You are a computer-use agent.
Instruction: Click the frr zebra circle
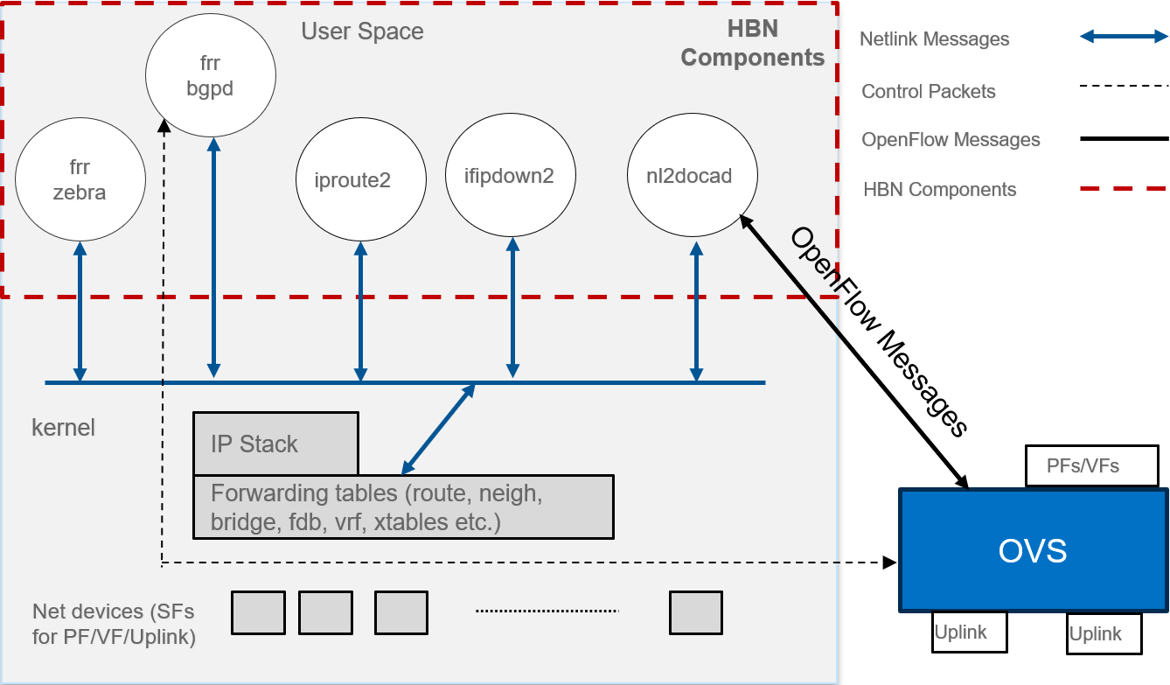[x=80, y=180]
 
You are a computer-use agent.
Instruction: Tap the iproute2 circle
[x=361, y=180]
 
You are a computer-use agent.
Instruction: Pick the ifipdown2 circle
[x=511, y=176]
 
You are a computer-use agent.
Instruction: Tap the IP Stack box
[x=275, y=444]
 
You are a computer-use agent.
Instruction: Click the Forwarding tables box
[x=403, y=507]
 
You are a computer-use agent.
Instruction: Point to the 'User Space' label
[x=362, y=32]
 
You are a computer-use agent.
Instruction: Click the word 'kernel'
[x=63, y=428]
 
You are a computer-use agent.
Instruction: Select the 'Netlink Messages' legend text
[x=934, y=39]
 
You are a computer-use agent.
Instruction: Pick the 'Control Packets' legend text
[x=928, y=92]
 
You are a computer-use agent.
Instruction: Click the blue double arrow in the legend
[x=1124, y=37]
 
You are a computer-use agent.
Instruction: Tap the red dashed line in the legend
[x=1124, y=188]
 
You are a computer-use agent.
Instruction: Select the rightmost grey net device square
[x=696, y=612]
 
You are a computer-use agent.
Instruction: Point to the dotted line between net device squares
[x=547, y=611]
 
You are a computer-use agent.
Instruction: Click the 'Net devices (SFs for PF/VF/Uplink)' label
[x=114, y=624]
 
